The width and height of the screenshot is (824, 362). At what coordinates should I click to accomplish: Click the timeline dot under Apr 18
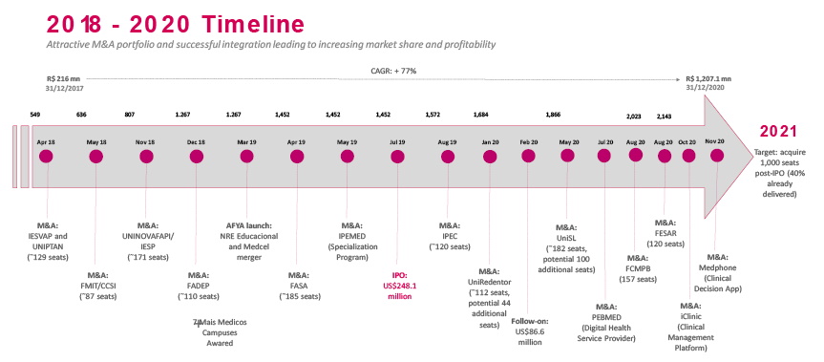click(x=46, y=157)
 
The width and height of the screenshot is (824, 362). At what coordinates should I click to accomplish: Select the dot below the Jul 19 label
click(x=398, y=157)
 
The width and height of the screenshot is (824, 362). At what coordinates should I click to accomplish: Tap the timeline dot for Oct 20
click(x=688, y=156)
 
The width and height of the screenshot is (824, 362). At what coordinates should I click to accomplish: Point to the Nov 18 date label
click(x=146, y=142)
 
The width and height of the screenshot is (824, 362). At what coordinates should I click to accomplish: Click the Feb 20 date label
click(x=529, y=142)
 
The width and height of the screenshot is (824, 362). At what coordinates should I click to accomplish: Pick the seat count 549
click(x=34, y=114)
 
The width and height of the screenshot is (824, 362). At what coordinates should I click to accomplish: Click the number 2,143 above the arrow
click(x=664, y=117)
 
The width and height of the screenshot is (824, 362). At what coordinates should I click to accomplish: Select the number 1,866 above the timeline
click(x=554, y=114)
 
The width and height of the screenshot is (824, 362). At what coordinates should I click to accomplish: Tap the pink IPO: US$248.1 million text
click(x=398, y=286)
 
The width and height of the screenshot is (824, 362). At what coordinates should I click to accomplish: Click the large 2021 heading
click(x=778, y=132)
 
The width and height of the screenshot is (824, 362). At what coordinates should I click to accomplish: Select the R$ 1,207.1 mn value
click(x=708, y=79)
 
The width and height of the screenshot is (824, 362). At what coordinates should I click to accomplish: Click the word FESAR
click(x=666, y=233)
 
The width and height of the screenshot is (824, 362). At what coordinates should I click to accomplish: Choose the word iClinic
click(x=691, y=316)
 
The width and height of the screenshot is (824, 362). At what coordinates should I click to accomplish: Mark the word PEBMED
click(x=606, y=317)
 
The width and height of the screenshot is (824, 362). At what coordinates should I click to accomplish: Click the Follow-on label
click(x=530, y=321)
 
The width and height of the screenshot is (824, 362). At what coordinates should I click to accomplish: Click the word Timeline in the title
click(x=253, y=25)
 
